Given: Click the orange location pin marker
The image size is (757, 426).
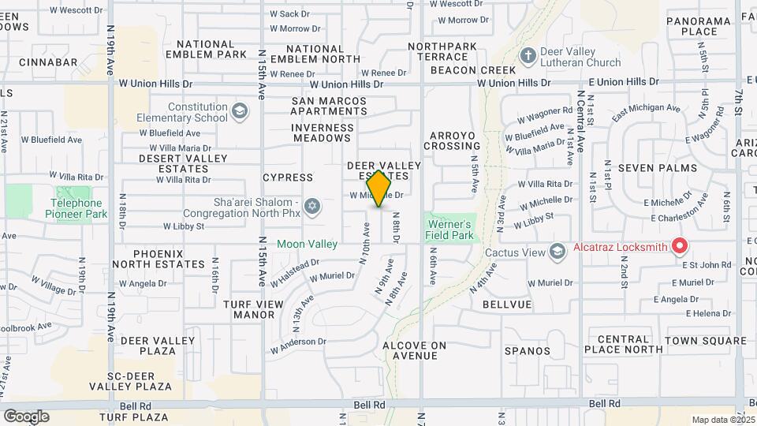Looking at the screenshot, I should (379, 188).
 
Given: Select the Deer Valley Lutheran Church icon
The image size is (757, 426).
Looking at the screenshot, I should (528, 55).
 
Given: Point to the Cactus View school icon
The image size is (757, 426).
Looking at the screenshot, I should (557, 252).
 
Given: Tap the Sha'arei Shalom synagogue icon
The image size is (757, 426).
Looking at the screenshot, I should (312, 207).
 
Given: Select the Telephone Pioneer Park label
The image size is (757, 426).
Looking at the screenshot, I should (76, 207).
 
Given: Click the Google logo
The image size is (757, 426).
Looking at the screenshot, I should (25, 416).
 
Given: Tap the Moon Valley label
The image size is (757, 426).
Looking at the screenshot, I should (307, 244).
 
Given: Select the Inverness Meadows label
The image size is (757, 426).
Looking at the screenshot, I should (321, 133).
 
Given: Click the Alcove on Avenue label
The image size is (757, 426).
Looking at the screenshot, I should (415, 350).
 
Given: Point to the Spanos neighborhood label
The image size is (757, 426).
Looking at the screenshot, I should (528, 350).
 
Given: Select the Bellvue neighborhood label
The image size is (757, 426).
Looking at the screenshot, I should (507, 304).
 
